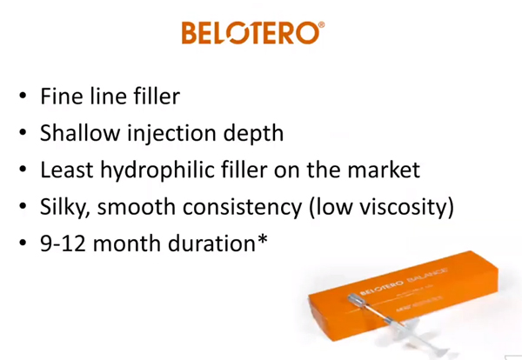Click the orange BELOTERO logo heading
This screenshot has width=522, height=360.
[x=252, y=32]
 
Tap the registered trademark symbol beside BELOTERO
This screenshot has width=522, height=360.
[x=321, y=25]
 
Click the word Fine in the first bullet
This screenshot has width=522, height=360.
[x=62, y=97]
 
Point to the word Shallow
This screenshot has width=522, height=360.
[x=80, y=132]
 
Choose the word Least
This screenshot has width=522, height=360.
[x=67, y=170]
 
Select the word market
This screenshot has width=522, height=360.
[x=384, y=170]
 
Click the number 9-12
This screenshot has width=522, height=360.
[x=63, y=243]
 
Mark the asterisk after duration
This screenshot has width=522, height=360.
[x=263, y=239]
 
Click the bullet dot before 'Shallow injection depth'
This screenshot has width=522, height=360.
[x=23, y=132]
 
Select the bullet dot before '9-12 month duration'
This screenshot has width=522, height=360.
[x=23, y=243]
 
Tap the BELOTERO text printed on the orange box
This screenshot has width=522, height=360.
[x=382, y=288]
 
